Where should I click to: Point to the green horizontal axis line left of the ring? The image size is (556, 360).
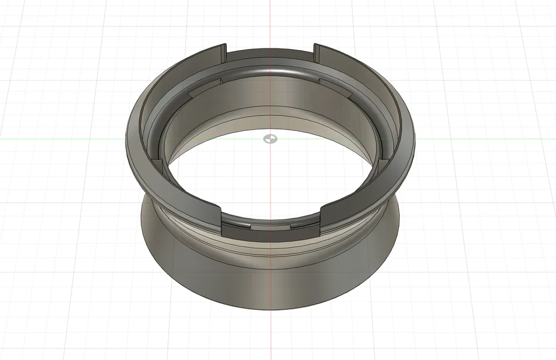(58, 139)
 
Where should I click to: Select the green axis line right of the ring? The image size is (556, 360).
(489, 138)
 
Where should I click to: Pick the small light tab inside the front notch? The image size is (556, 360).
(270, 226)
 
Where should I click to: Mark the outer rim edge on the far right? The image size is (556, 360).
(413, 138)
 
